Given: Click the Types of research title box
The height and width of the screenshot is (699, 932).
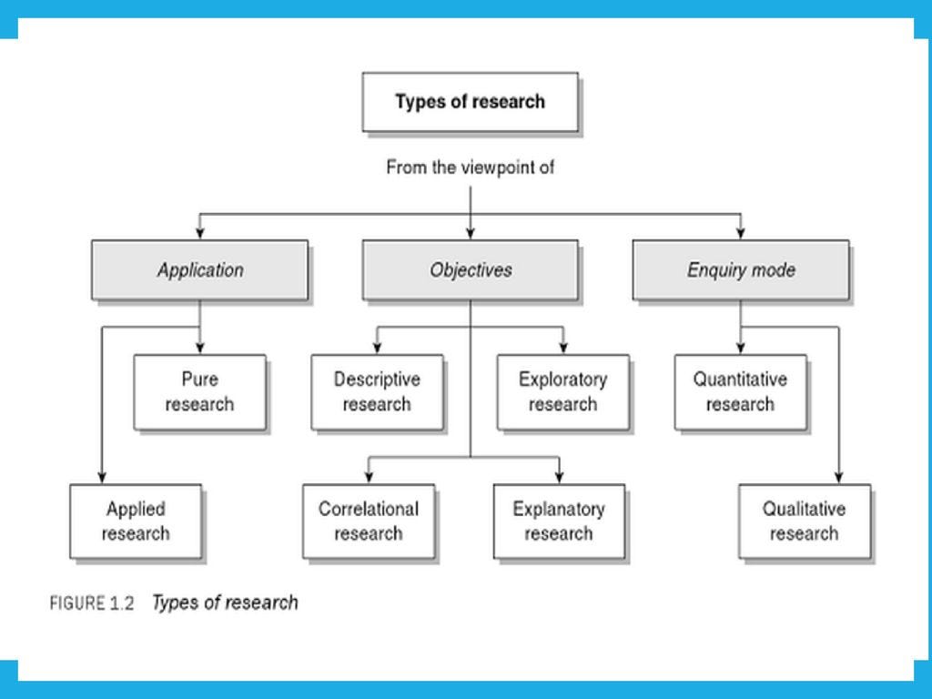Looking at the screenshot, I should tap(470, 102).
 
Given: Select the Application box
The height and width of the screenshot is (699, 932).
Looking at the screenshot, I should tap(199, 270).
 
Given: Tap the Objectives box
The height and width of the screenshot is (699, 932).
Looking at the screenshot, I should tap(470, 270).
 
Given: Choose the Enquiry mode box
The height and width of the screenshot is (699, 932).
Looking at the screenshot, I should tap(741, 270).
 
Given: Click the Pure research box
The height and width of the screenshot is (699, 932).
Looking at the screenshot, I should tap(199, 392).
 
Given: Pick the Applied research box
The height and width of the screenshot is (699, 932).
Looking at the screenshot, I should tap(136, 522).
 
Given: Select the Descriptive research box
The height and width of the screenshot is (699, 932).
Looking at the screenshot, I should tap(377, 392).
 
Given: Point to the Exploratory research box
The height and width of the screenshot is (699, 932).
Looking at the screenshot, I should tap(562, 392).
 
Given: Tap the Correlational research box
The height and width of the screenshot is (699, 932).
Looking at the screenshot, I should tap(369, 522).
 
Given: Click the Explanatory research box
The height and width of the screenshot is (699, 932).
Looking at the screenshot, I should tap(559, 522).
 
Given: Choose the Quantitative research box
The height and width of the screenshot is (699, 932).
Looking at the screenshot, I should tap(740, 392).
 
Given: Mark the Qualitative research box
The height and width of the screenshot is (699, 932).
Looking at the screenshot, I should tap(805, 522).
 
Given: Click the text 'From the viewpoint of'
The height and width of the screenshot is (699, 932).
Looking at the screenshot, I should tap(470, 167).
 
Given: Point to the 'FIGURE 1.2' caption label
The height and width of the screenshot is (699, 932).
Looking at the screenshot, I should tap(92, 603).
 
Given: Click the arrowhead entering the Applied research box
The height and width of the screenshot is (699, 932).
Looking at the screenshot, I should tap(102, 478).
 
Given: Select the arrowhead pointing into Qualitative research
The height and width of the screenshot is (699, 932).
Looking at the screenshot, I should tap(838, 478).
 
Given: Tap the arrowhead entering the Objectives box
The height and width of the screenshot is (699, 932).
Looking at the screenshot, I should tap(470, 234).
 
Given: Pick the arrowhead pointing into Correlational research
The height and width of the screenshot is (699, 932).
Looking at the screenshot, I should tap(369, 478).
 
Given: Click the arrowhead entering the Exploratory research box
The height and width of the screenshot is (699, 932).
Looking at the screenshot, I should tap(563, 349).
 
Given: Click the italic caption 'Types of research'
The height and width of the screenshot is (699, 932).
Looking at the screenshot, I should tap(225, 603).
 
